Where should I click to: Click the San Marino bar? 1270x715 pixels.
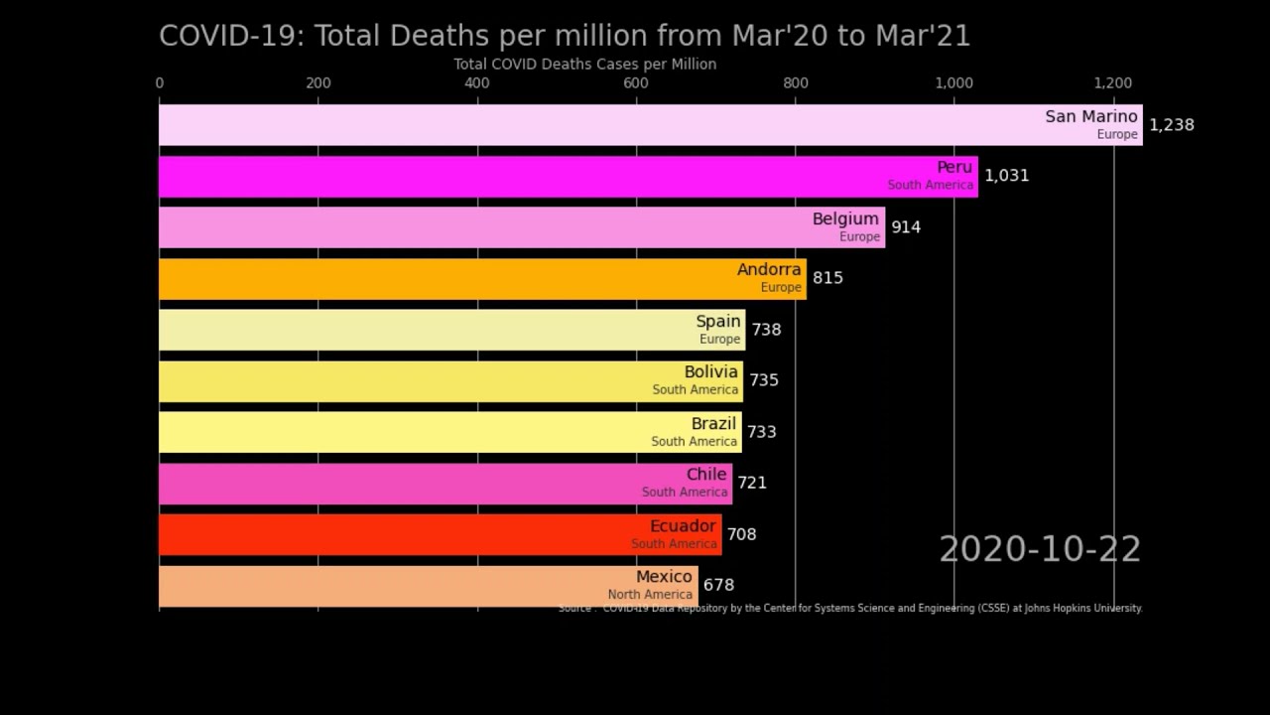point(595,125)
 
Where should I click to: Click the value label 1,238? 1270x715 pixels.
point(1171,125)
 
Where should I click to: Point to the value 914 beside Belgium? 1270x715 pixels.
point(906,227)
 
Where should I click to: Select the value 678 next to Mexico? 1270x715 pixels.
point(718,586)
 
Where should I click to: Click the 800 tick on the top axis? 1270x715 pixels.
point(795,83)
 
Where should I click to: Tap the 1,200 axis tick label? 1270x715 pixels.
point(1112,83)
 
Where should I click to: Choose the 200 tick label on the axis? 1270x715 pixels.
point(317,83)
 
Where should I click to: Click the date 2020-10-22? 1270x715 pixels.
point(1040,550)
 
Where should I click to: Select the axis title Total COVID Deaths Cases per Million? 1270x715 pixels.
point(584,65)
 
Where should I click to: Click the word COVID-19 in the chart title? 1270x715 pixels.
point(229,36)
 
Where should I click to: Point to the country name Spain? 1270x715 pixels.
point(718,321)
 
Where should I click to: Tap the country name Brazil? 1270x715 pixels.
point(713,424)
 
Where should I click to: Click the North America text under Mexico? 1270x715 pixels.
point(650,595)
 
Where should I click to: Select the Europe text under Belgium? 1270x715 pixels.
point(859,237)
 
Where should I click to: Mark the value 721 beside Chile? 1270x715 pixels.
point(752,483)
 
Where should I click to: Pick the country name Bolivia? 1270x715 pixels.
point(710,372)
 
